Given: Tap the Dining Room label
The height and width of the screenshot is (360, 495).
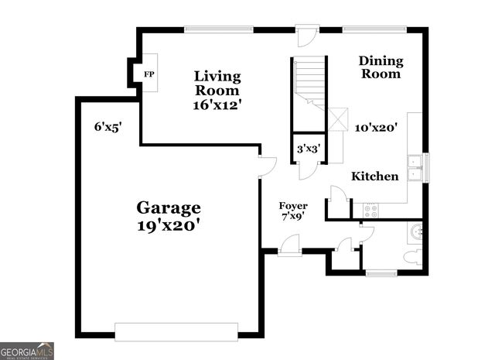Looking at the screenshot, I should click(x=380, y=67).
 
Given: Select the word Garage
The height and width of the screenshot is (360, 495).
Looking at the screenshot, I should click(x=169, y=207).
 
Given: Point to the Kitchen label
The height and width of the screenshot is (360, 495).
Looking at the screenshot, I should click(x=375, y=177).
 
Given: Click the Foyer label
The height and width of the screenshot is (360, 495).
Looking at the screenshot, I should click(x=293, y=206).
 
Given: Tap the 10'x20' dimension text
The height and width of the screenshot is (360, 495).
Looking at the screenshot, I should click(x=376, y=128).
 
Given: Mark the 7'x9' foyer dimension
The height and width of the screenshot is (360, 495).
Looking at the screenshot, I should click(x=293, y=217).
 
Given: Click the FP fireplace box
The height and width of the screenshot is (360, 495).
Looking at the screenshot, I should click(x=147, y=74).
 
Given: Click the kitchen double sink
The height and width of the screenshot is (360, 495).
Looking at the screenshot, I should click(x=415, y=167).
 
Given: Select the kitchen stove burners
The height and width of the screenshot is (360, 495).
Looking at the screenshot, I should click(x=370, y=207).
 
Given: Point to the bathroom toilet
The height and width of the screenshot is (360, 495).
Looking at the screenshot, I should click(x=415, y=257).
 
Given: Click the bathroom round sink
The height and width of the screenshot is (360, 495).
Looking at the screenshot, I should click(x=416, y=230).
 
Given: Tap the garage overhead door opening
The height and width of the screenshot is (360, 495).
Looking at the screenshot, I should click(x=176, y=331).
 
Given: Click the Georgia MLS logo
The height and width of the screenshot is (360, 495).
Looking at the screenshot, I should click(x=27, y=351).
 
